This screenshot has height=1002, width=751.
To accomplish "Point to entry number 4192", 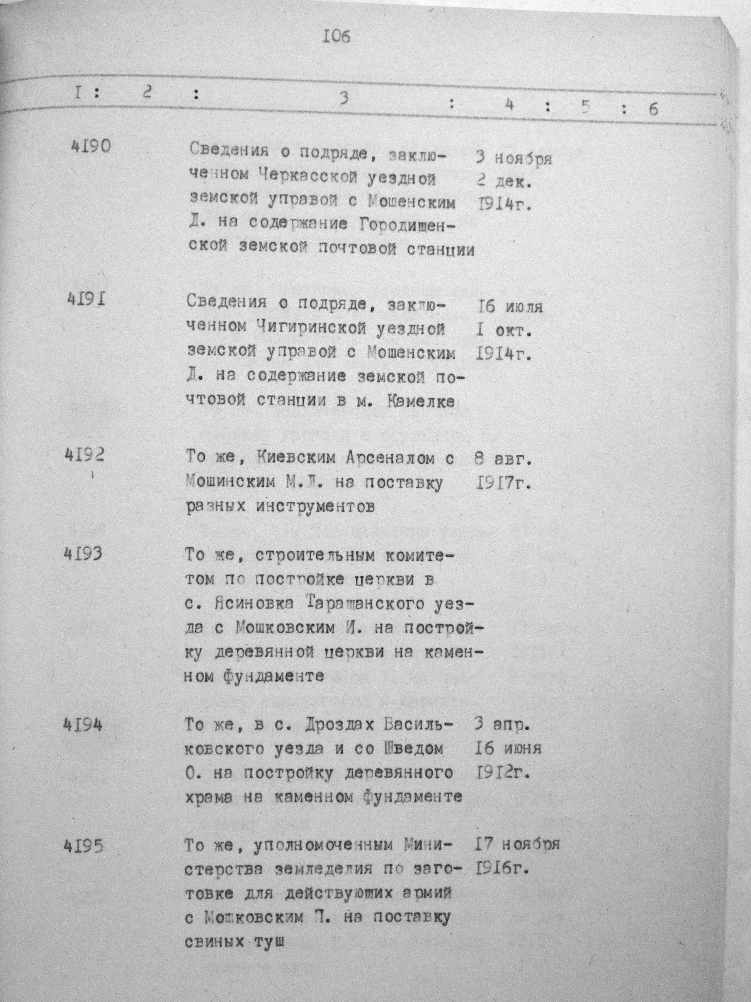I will (84, 454).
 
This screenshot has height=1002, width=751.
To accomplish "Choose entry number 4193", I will (83, 553).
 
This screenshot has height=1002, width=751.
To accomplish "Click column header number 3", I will (345, 98).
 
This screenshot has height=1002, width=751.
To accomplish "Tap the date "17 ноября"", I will (517, 844).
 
